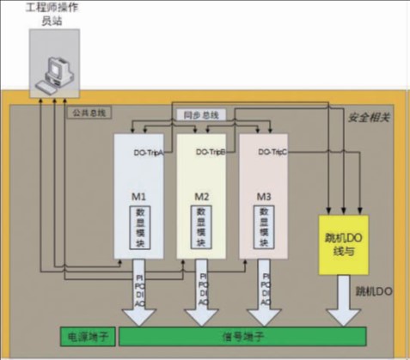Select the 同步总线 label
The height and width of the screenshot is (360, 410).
(x=199, y=113)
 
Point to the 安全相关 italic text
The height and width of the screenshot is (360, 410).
(x=370, y=116)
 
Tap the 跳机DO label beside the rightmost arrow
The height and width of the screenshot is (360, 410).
(x=374, y=292)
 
